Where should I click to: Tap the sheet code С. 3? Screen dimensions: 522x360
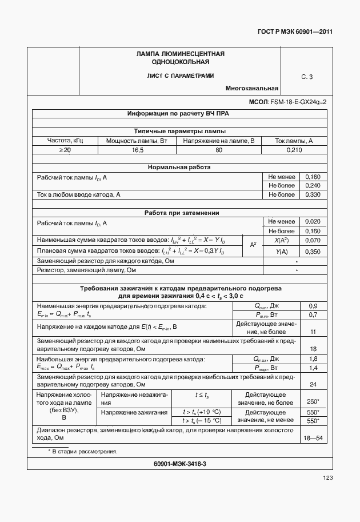pyautogui.click(x=307, y=77)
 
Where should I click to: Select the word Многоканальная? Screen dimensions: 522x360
pyautogui.click(x=252, y=89)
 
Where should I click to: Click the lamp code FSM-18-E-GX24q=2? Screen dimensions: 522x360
pyautogui.click(x=298, y=102)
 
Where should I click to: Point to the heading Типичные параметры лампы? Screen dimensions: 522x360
pyautogui.click(x=179, y=131)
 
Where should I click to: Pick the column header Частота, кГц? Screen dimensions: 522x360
pyautogui.click(x=65, y=141)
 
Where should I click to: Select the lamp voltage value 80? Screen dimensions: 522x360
pyautogui.click(x=219, y=150)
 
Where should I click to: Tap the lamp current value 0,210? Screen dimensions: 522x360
pyautogui.click(x=294, y=150)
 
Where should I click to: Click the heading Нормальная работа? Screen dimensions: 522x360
pyautogui.click(x=179, y=168)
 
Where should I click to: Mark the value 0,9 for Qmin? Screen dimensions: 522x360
pyautogui.click(x=313, y=306)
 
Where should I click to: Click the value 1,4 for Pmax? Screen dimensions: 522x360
pyautogui.click(x=313, y=368)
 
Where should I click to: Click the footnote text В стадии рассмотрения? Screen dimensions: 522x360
pyautogui.click(x=84, y=452)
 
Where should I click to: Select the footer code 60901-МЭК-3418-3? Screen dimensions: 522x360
pyautogui.click(x=179, y=464)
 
